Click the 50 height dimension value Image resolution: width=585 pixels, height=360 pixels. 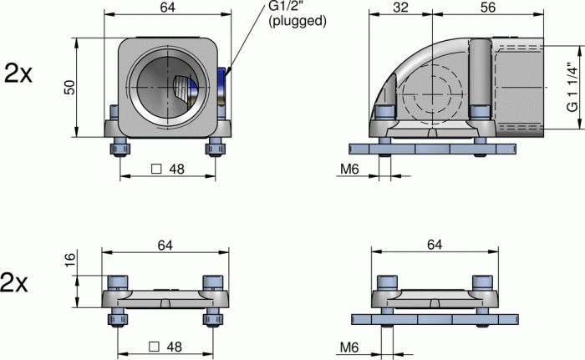[x=70, y=87]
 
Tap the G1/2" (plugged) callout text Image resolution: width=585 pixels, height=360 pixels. [x=297, y=14]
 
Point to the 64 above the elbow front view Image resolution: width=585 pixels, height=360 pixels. [x=167, y=8]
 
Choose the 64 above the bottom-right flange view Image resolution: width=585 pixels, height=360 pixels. [x=433, y=244]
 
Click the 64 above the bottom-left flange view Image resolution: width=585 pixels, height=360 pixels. [x=164, y=244]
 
